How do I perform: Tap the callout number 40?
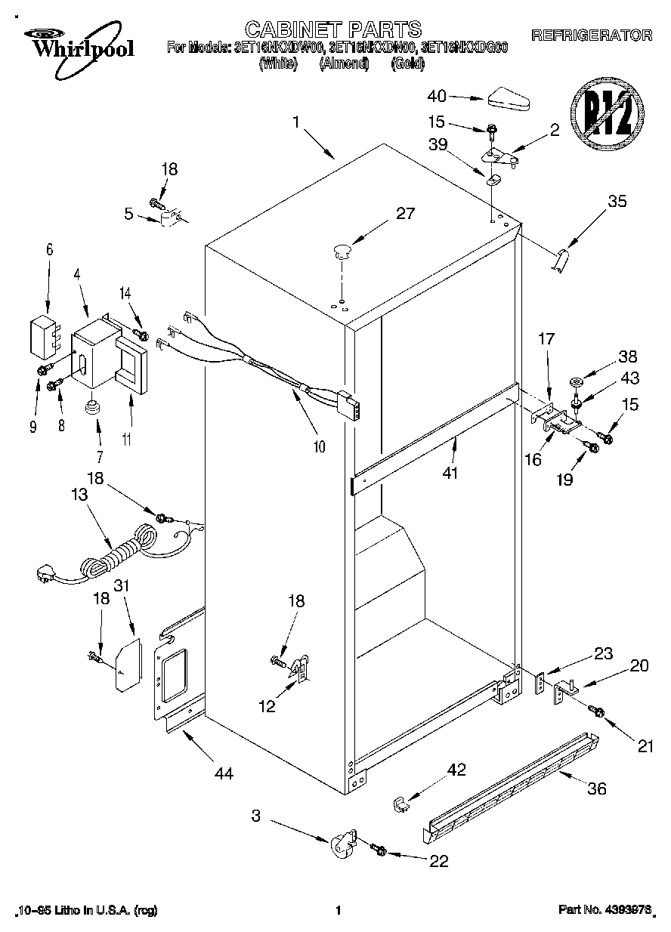click(438, 96)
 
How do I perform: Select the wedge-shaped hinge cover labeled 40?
click(510, 99)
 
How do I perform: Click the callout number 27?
click(405, 214)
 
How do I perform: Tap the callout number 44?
click(224, 773)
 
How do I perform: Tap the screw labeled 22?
click(379, 851)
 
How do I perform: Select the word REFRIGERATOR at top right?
click(592, 35)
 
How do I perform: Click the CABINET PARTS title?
click(333, 29)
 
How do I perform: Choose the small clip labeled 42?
click(401, 804)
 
